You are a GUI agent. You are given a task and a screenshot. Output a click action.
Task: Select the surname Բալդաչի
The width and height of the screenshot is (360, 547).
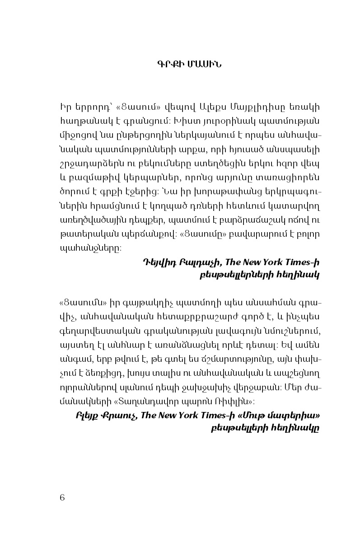pos(192,262)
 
